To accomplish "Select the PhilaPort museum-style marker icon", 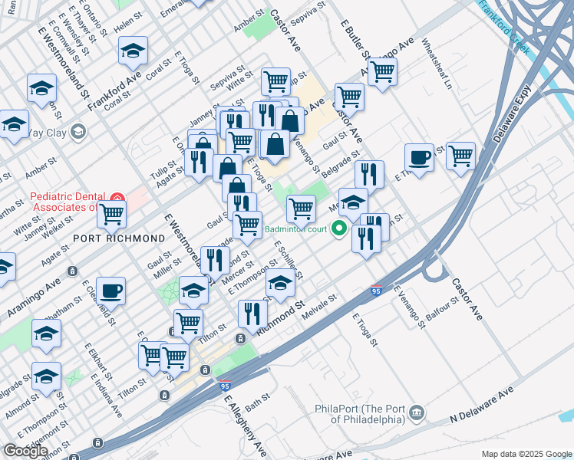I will click(x=416, y=412).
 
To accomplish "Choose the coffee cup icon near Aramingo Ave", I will click(x=111, y=291).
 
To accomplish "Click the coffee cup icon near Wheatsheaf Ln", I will click(x=419, y=157).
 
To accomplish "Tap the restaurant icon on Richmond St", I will click(x=252, y=312).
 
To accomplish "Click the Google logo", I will click(x=25, y=451).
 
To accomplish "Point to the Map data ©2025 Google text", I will click(x=526, y=454).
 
